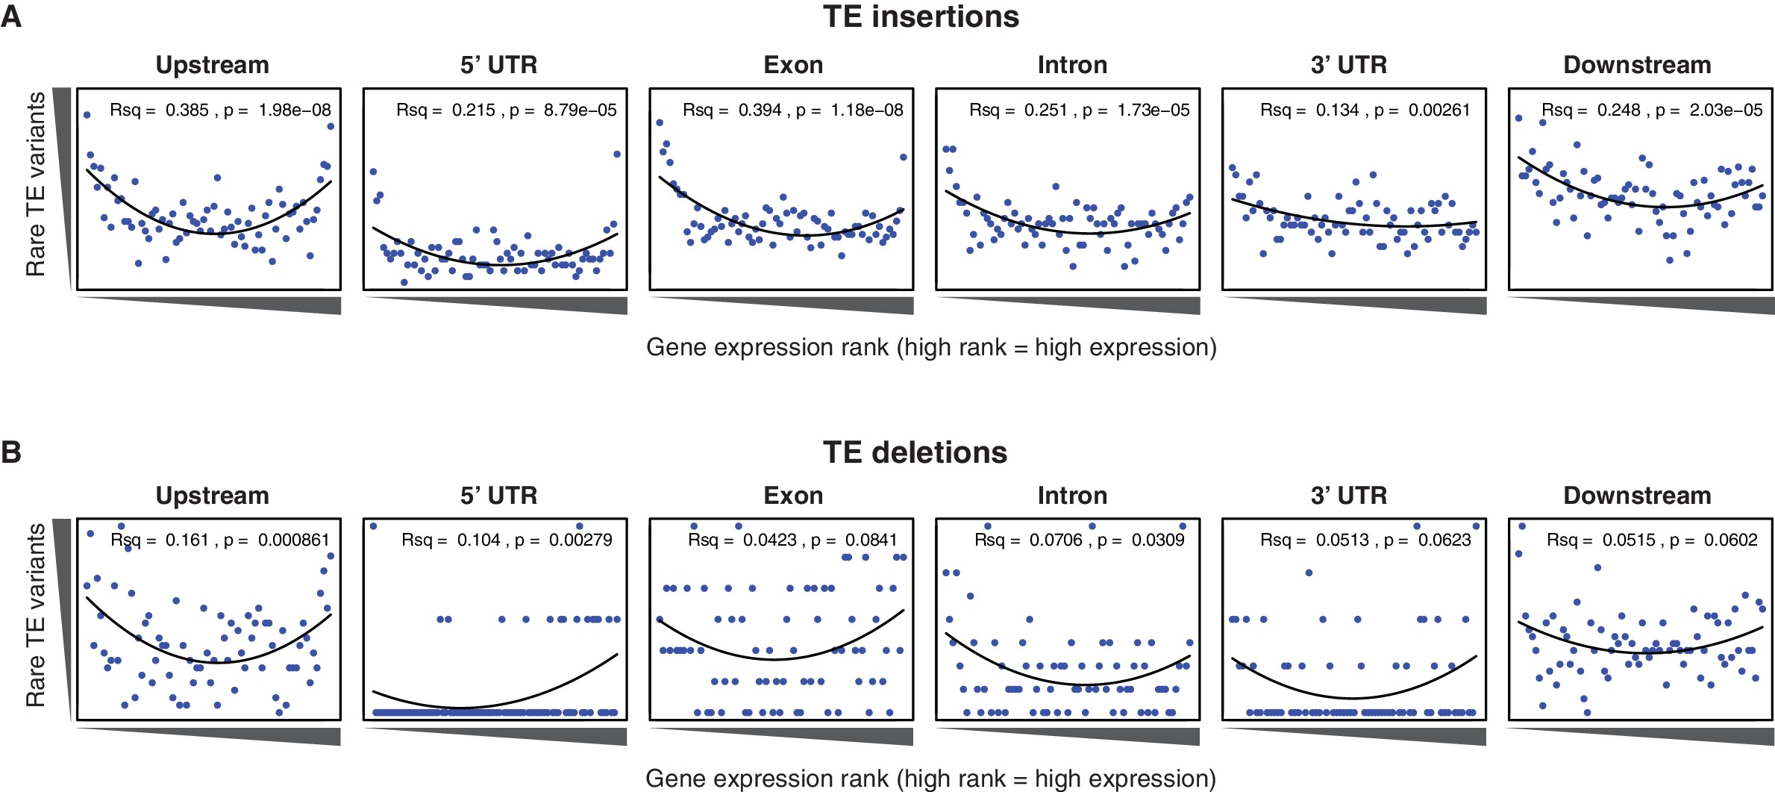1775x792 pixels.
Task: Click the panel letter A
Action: (x=11, y=16)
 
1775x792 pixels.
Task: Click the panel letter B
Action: (x=11, y=452)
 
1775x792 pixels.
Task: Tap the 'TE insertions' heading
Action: (x=921, y=17)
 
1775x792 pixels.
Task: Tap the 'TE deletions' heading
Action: (x=915, y=453)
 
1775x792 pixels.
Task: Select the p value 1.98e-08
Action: (x=295, y=110)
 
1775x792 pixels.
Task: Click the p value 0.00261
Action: (x=1439, y=110)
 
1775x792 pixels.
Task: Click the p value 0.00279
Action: (x=580, y=540)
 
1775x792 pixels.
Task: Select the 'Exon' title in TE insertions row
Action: (x=793, y=65)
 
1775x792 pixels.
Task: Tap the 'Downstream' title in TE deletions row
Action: (x=1637, y=496)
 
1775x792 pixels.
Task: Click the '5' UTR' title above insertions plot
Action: (x=498, y=65)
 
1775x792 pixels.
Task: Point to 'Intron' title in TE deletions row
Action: (x=1072, y=496)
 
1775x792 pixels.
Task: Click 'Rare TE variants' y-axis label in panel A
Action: (x=36, y=184)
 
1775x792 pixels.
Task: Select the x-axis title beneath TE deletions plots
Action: (x=930, y=779)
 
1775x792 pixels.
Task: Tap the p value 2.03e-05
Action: (x=1726, y=110)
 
